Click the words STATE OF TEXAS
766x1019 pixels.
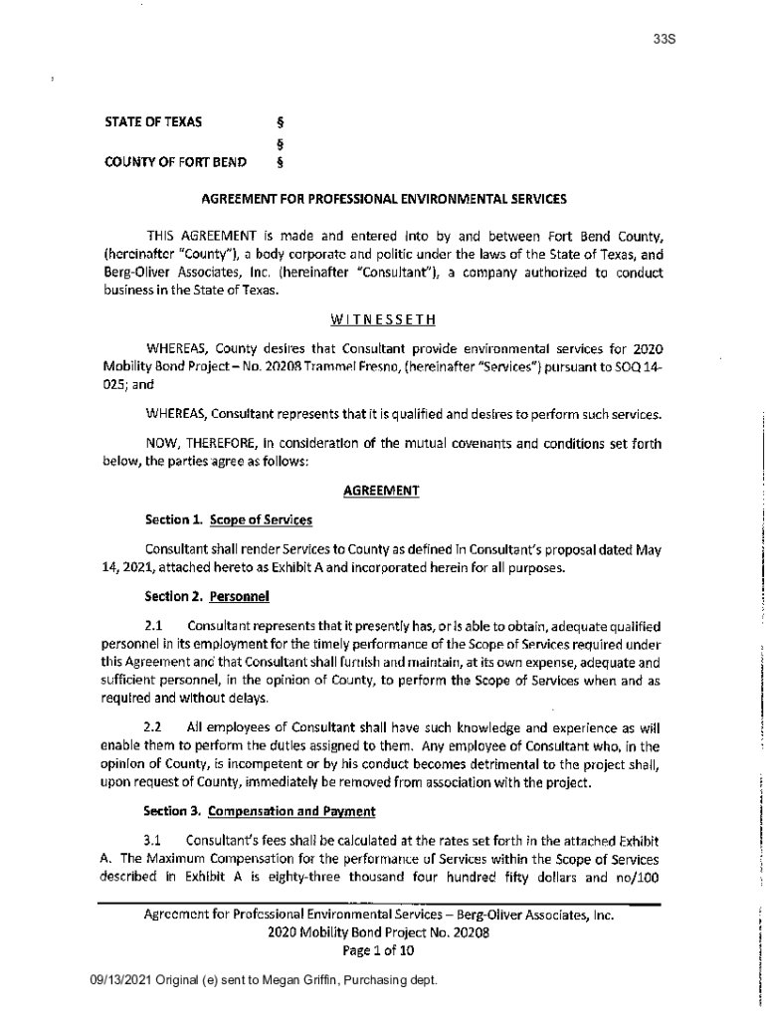pos(153,122)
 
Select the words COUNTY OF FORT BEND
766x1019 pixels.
pos(176,161)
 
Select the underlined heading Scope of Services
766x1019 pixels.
pos(262,519)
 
